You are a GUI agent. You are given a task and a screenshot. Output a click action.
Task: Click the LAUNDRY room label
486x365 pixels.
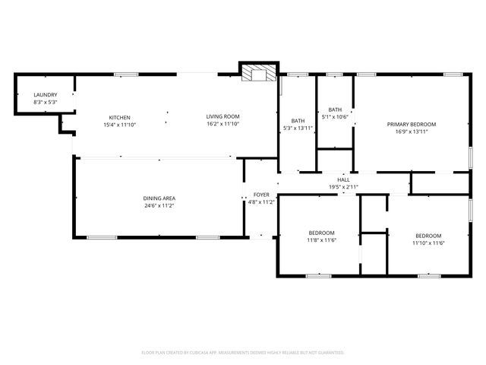click(45, 94)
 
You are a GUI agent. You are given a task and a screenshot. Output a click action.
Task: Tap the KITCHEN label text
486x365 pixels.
click(120, 117)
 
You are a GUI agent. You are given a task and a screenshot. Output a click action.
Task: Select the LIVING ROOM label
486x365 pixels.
click(222, 117)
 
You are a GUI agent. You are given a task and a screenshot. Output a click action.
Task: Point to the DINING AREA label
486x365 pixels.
click(159, 198)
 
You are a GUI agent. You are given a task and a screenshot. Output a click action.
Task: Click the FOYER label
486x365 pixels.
click(261, 195)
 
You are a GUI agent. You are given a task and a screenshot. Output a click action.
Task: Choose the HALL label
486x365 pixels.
click(344, 179)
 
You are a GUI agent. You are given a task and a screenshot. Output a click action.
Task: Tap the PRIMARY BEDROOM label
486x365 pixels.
click(412, 124)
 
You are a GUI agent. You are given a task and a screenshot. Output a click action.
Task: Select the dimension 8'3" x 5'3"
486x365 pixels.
click(45, 102)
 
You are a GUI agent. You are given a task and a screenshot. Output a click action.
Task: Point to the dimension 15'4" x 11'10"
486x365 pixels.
click(120, 124)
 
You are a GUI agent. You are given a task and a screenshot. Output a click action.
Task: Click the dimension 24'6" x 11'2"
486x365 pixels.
click(159, 205)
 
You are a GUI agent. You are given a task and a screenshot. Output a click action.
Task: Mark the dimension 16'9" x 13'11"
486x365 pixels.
click(412, 131)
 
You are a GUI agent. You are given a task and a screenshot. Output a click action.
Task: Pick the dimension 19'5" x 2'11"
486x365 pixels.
click(344, 186)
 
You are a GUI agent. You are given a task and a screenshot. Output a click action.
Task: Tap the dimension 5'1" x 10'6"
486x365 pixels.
click(335, 116)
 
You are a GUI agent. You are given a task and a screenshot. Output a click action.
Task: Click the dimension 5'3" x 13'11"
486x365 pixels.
click(298, 128)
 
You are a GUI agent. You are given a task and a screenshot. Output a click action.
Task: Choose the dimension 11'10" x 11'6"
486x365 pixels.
click(428, 243)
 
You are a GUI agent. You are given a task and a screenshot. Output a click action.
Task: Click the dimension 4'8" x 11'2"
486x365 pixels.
click(261, 202)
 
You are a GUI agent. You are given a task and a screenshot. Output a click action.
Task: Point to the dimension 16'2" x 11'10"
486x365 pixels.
click(222, 124)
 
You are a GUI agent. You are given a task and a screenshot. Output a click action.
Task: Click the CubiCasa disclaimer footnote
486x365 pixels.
click(243, 352)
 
